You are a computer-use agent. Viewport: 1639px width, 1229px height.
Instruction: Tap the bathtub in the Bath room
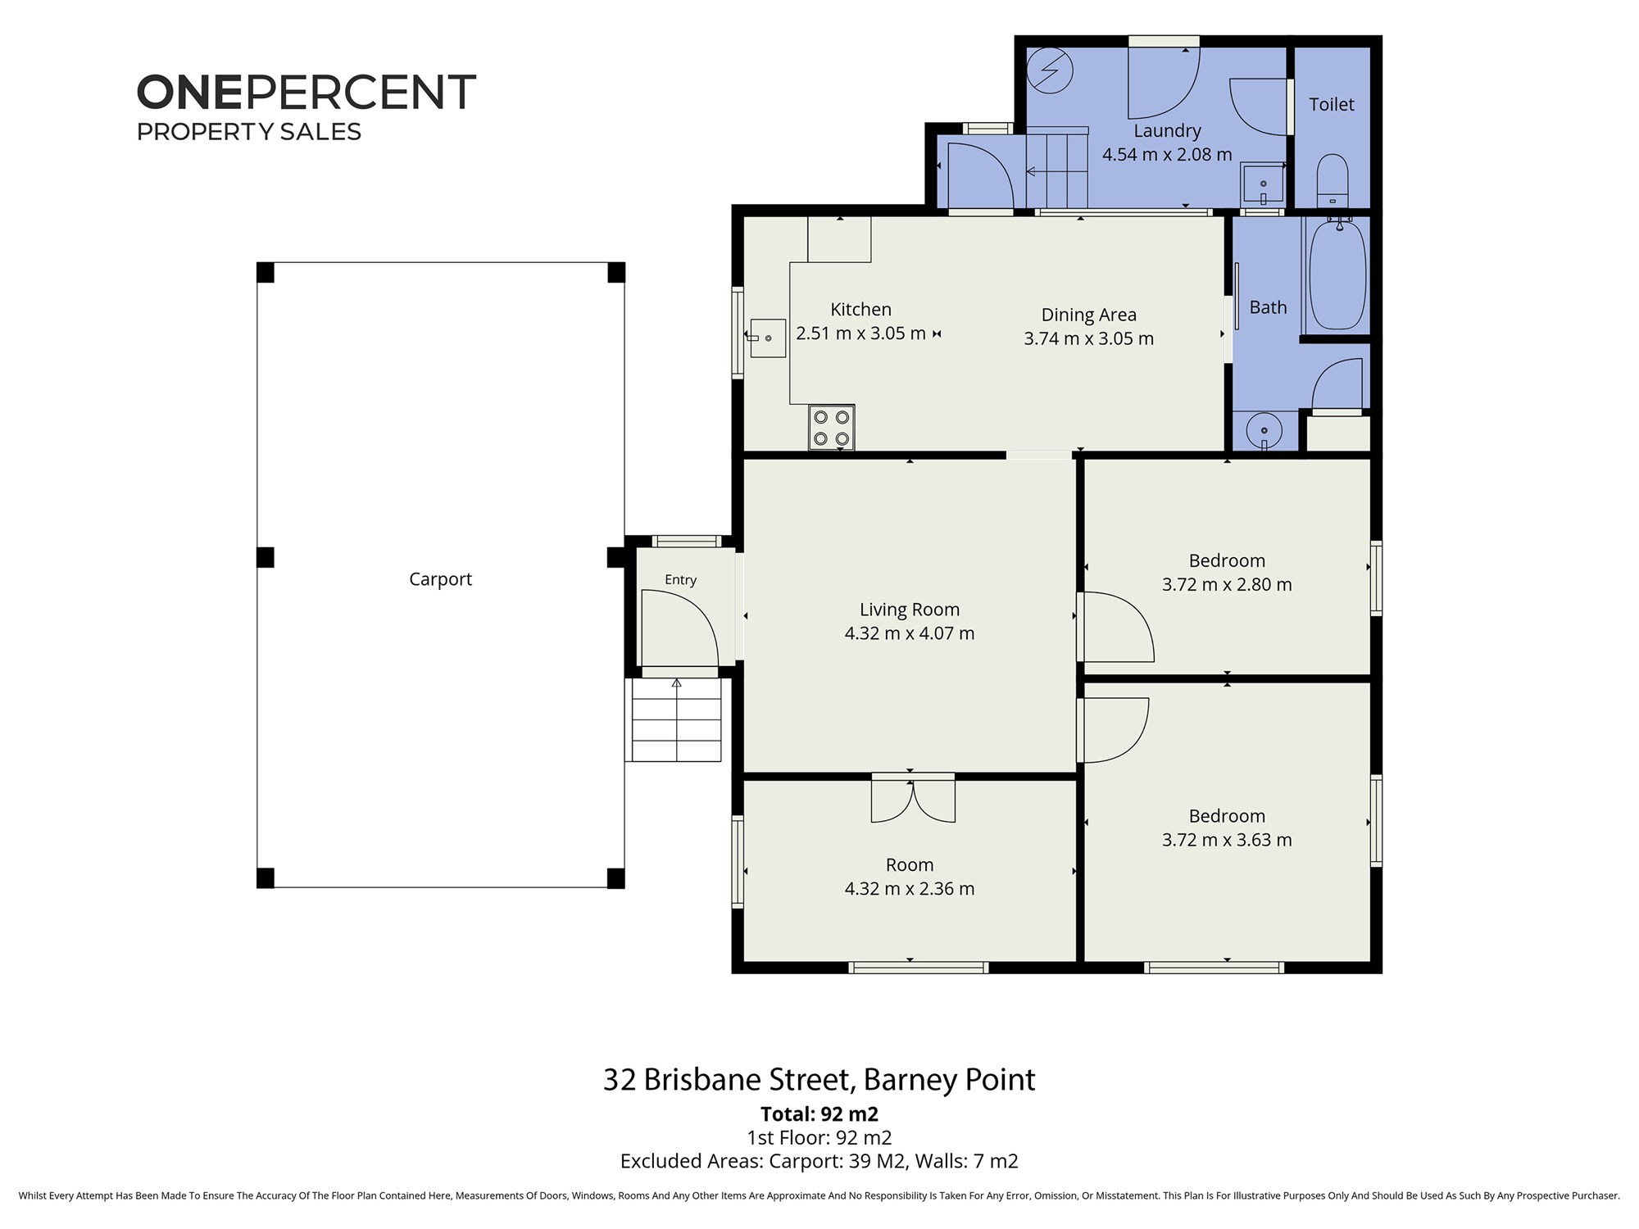1338,275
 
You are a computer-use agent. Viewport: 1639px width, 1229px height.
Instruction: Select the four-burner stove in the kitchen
831,427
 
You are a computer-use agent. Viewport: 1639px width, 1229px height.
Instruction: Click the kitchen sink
768,338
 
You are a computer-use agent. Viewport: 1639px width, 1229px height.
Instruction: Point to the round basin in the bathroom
1264,429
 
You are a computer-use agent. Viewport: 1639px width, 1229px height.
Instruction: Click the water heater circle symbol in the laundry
1050,70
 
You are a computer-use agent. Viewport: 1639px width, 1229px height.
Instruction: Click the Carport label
441,579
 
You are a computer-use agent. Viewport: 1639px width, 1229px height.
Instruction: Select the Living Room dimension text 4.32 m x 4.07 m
910,633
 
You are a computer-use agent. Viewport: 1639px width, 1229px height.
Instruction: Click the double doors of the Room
913,799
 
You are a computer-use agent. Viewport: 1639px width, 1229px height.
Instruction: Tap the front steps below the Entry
676,719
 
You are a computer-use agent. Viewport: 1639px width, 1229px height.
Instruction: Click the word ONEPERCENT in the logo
306,92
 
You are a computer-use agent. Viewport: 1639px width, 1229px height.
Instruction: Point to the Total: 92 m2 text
819,1114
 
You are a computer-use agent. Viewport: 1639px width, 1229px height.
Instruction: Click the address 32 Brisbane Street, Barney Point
819,1080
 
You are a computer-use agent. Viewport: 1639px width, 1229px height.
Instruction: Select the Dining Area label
1089,315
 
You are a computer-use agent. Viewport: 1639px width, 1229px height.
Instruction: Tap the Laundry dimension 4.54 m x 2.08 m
1167,155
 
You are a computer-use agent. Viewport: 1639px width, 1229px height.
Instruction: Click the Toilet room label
1332,104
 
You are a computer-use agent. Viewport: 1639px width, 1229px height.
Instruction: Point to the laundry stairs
1057,170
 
